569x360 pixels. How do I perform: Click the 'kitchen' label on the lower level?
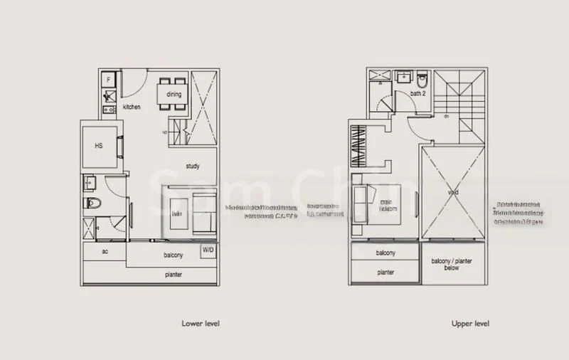pos(132,107)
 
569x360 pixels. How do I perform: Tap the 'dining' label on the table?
pos(174,94)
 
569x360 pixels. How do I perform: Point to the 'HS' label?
pos(100,146)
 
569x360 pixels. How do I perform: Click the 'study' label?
pos(192,166)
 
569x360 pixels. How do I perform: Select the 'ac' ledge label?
pos(104,252)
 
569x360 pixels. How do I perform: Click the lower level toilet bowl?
pos(92,204)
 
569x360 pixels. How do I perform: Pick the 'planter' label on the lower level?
pos(172,274)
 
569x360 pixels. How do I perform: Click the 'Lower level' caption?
pos(201,324)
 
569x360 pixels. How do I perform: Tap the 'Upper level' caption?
pos(470,324)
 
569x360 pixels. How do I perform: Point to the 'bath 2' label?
pos(418,93)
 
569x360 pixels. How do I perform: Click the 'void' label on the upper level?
pos(453,192)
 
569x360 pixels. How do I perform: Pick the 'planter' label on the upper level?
pos(385,272)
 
